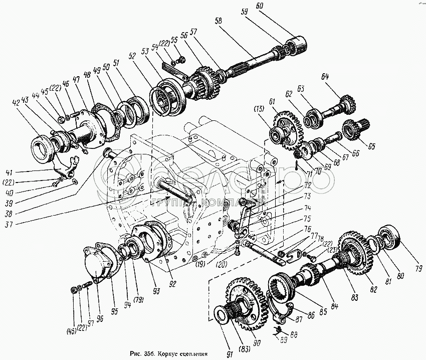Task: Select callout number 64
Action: [325, 77]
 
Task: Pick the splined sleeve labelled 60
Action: [299, 43]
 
